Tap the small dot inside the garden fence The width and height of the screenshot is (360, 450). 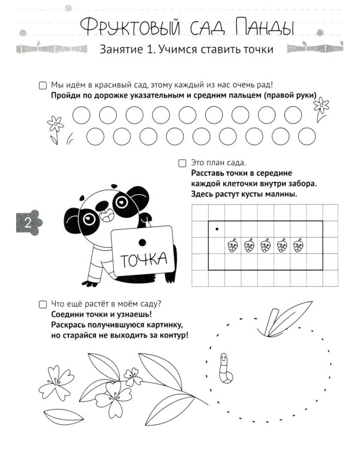(x=217, y=229)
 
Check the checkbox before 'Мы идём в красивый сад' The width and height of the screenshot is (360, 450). (x=42, y=85)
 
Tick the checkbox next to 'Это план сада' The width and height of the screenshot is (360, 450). (x=182, y=163)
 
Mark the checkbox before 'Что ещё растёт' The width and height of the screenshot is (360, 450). (x=42, y=304)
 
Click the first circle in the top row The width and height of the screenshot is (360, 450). (x=81, y=115)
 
